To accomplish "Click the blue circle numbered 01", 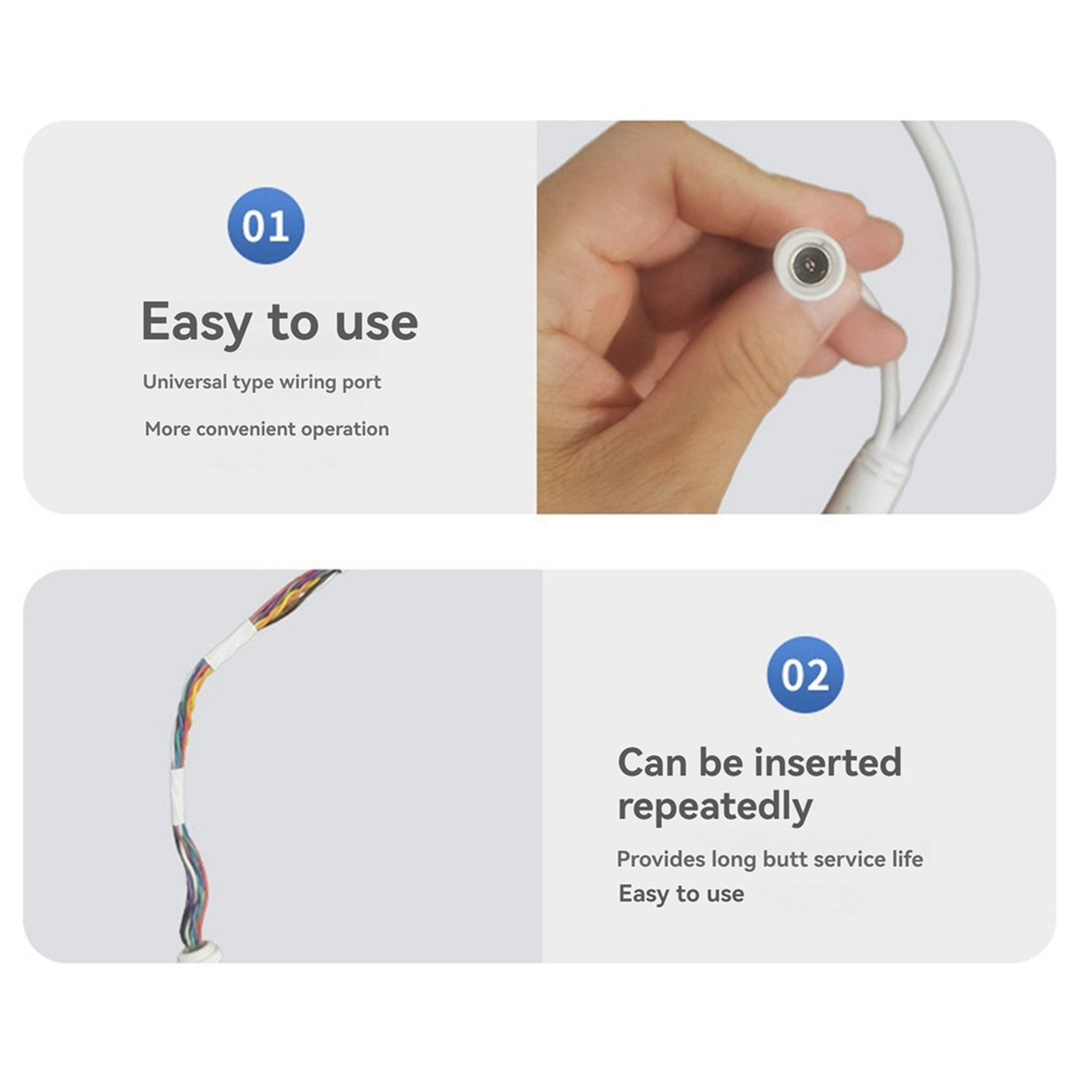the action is (266, 225).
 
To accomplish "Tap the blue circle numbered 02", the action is (805, 675).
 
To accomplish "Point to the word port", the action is (363, 383).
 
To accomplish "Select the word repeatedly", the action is (715, 808).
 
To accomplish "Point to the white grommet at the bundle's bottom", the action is (202, 953).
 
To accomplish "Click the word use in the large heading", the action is (377, 323).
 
